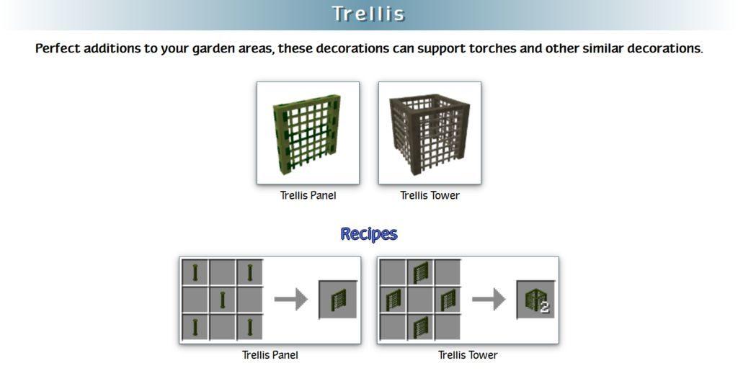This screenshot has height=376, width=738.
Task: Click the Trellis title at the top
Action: pos(368,14)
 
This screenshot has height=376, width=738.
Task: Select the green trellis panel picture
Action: pos(308,133)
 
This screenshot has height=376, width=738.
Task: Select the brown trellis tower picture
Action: pos(430,133)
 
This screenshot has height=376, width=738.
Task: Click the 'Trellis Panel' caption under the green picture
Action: pos(308,195)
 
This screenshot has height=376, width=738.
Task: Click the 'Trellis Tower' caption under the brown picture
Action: pos(430,195)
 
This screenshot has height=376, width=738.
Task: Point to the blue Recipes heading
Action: pos(369,234)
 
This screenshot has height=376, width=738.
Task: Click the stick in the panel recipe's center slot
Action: pos(222,300)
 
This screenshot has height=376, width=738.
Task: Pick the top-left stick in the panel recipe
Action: pos(195,272)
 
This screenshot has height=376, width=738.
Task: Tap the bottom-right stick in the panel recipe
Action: pos(249,327)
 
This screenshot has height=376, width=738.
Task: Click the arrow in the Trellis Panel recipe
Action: pos(291,300)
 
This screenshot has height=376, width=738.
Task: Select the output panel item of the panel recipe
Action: pos(338,300)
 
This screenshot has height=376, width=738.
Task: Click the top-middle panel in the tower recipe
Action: pos(420,272)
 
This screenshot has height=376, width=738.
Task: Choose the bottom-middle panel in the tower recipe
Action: pos(420,328)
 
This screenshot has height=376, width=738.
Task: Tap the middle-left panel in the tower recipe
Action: pos(393,300)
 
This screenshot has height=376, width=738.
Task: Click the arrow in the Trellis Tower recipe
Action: pos(489,300)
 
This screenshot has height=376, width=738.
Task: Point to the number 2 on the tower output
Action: pos(545,308)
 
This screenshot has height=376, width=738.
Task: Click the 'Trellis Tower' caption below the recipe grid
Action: pos(468,355)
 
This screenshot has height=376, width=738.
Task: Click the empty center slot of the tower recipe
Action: pos(420,300)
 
